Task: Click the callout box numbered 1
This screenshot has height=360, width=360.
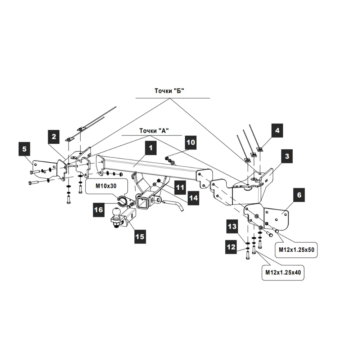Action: click(x=152, y=147)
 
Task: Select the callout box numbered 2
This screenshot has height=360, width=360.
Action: click(x=54, y=136)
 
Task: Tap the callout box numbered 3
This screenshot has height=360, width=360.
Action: click(x=287, y=157)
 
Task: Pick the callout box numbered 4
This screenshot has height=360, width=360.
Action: click(x=277, y=130)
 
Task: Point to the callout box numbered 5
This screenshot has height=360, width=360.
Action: click(x=24, y=148)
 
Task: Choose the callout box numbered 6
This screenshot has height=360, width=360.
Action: click(x=299, y=196)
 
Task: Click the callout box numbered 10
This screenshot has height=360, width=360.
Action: click(x=191, y=143)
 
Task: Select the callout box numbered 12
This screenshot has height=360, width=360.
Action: click(x=231, y=247)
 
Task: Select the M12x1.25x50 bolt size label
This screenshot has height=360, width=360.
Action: click(x=297, y=249)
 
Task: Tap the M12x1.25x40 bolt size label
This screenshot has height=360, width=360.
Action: click(x=283, y=273)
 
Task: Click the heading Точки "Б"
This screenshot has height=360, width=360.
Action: click(x=169, y=91)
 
